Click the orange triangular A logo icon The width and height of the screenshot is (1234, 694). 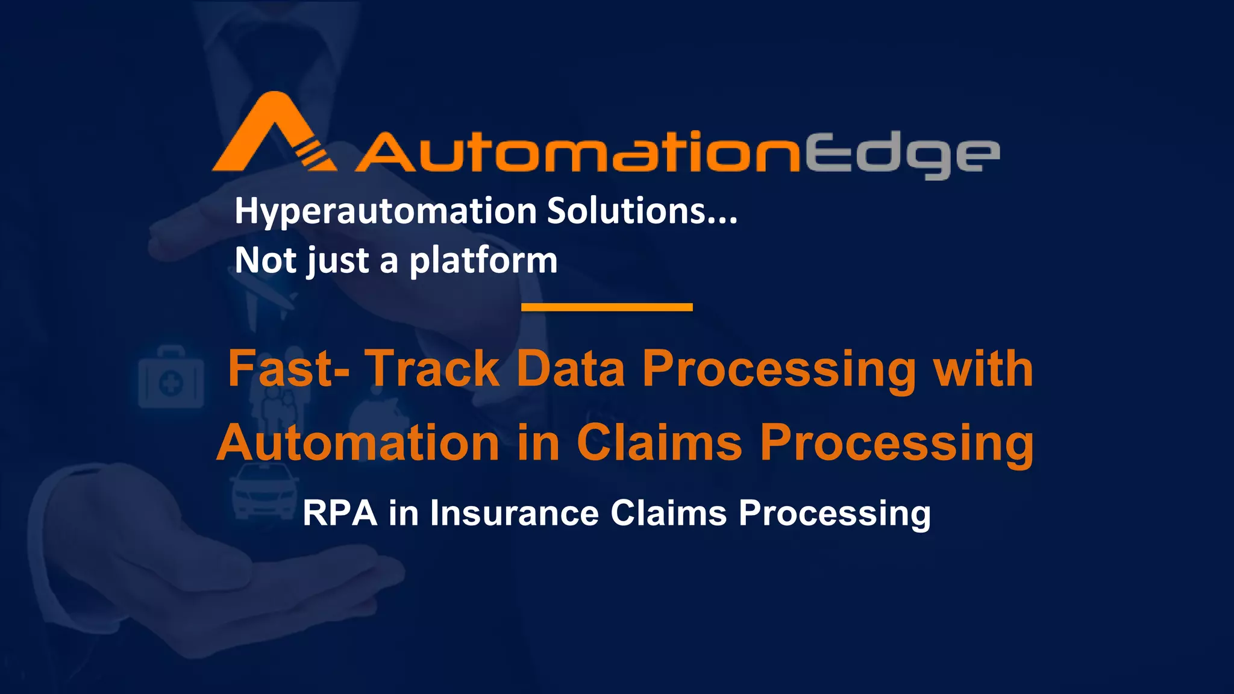(x=271, y=136)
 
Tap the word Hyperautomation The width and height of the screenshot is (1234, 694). (x=386, y=212)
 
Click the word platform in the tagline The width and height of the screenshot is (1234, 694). (x=483, y=261)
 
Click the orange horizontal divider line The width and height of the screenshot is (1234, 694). (x=607, y=307)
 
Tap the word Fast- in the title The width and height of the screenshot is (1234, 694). (x=289, y=369)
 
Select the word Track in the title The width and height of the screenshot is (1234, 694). (x=433, y=369)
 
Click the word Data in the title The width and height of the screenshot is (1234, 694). (x=571, y=369)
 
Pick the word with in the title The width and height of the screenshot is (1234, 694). (x=983, y=369)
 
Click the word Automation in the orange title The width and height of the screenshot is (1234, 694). (x=358, y=443)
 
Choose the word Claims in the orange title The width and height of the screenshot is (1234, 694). (x=659, y=443)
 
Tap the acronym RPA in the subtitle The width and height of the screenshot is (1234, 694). (x=340, y=513)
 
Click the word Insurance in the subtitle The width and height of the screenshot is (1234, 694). (x=514, y=513)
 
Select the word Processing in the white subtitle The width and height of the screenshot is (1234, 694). (x=835, y=514)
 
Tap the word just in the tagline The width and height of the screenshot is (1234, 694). (x=337, y=261)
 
